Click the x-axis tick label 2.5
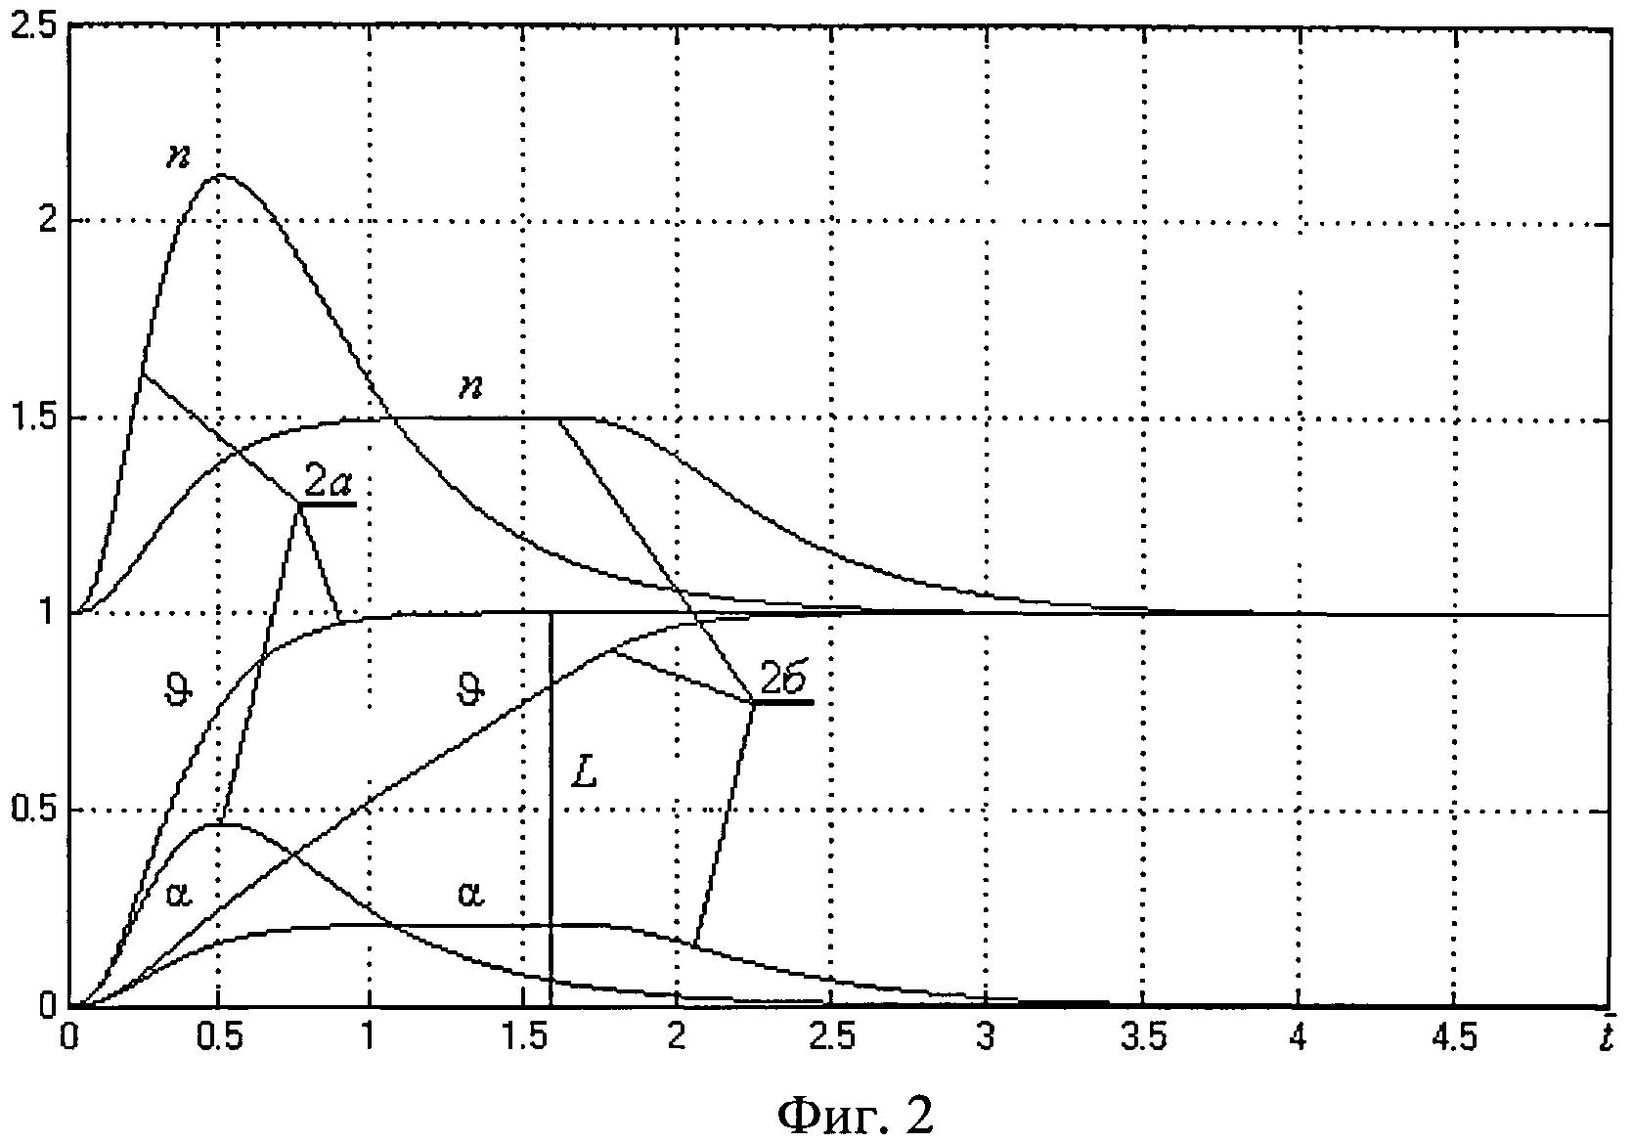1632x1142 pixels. (829, 1037)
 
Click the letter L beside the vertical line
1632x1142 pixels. (584, 773)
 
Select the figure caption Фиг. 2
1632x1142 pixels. (856, 1114)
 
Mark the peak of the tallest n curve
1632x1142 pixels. (221, 176)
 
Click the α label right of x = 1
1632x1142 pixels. (470, 893)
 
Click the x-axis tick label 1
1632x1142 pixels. (369, 1037)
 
